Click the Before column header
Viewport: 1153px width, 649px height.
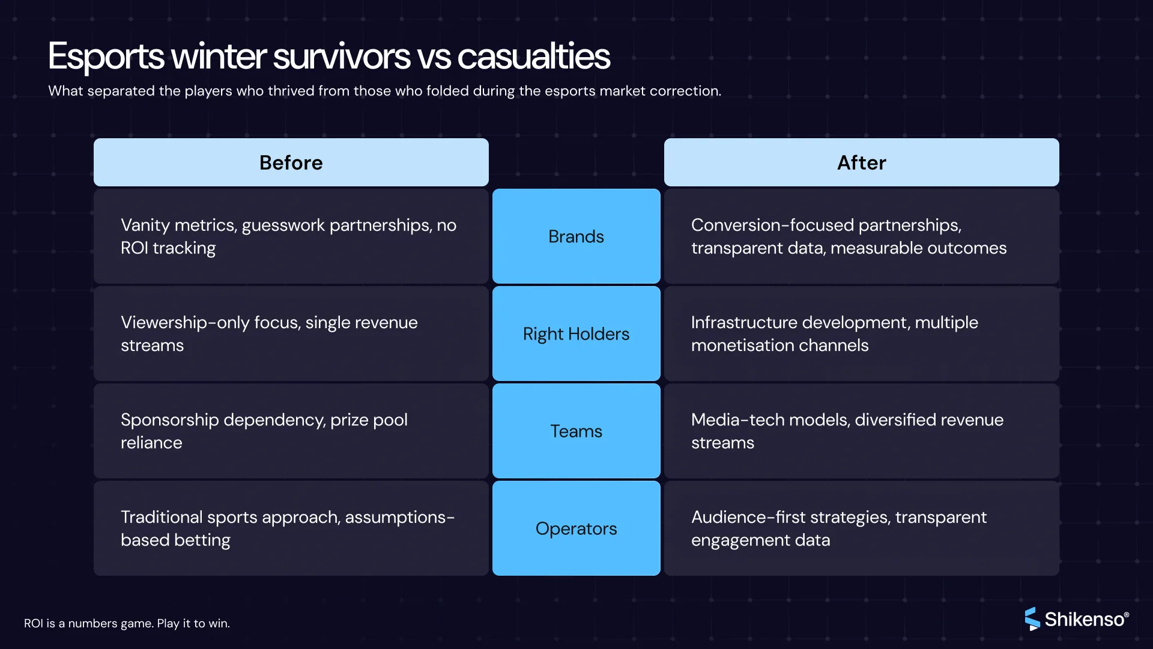[x=291, y=163]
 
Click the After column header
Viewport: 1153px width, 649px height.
[x=861, y=163]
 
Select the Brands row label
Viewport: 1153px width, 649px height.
[x=576, y=237]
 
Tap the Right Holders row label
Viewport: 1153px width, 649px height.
[x=576, y=334]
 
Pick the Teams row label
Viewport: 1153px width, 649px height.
[x=576, y=431]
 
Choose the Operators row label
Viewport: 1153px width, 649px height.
[x=576, y=529]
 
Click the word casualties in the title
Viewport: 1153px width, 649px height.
[x=533, y=56]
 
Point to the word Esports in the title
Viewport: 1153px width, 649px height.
[x=106, y=56]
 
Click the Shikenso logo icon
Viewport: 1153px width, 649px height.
[x=1032, y=619]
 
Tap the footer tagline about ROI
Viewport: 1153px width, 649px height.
[x=127, y=624]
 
